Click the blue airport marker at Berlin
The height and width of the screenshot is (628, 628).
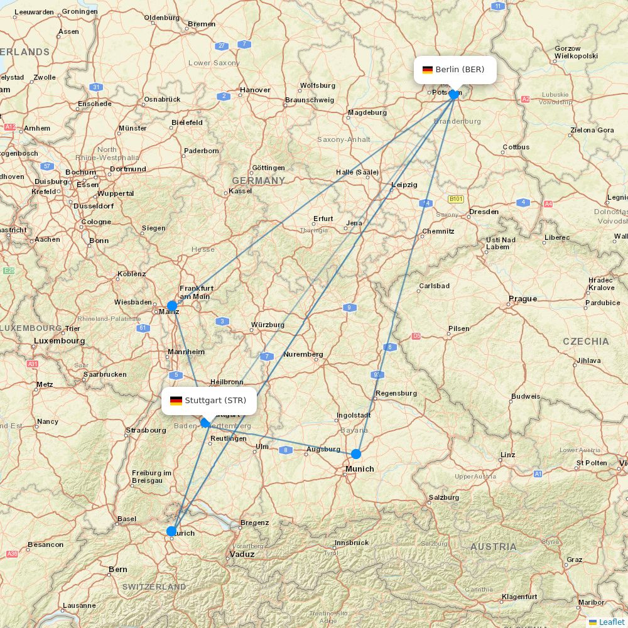[x=454, y=95]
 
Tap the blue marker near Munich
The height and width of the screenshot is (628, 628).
[x=356, y=454]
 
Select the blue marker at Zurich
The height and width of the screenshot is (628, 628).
[x=171, y=531]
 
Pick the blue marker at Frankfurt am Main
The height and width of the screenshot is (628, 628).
[x=172, y=306]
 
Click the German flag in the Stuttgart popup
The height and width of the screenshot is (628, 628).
[x=176, y=401]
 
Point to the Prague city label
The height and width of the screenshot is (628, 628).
[x=523, y=299]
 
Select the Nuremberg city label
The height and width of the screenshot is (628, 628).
[x=303, y=354]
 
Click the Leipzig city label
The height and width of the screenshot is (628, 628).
[x=404, y=185]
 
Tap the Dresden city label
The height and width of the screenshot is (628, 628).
[x=484, y=212]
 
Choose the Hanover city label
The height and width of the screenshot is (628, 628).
[x=255, y=90]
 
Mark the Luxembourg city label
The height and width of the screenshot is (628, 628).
[x=59, y=341]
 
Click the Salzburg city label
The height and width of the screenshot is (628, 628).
[x=444, y=497]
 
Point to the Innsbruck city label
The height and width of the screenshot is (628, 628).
[x=351, y=542]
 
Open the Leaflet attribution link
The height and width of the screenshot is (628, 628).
[x=611, y=622]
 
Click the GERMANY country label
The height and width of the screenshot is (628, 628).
[x=259, y=181]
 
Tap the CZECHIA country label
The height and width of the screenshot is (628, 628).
[x=585, y=342]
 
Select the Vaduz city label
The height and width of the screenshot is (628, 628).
[x=242, y=555]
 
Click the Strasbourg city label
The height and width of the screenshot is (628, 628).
[x=146, y=430]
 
